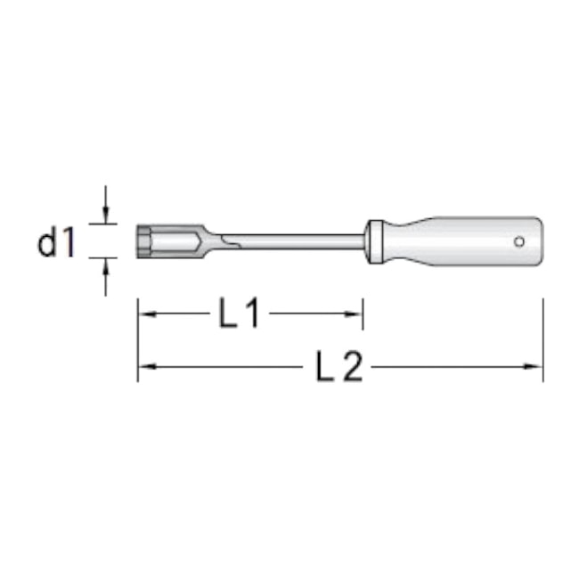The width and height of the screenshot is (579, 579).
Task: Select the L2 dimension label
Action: [339, 366]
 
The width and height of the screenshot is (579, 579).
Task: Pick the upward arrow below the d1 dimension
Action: [106, 266]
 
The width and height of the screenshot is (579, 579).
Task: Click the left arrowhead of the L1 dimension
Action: [144, 314]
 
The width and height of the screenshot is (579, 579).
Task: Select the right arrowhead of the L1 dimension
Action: [355, 314]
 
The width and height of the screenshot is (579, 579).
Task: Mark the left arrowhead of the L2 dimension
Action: [144, 366]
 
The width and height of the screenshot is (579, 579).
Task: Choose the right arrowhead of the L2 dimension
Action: [536, 366]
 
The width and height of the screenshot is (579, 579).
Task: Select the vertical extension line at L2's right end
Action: [542, 338]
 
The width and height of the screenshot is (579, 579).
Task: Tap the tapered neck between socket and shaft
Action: [212, 240]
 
